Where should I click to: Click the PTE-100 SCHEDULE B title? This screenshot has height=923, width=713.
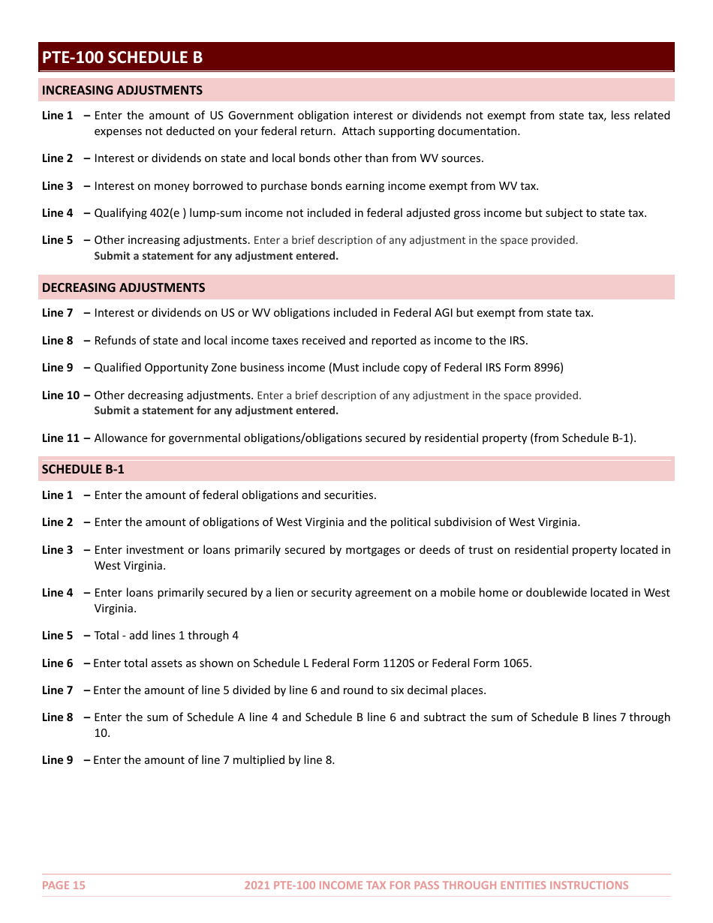pos(122,58)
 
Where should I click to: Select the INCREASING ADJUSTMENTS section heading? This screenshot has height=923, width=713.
pos(122,91)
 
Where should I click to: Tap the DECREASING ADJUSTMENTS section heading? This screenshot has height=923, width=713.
pos(123,288)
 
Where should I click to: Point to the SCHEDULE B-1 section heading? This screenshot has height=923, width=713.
pos(83,470)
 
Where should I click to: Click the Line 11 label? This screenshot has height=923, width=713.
pos(61,438)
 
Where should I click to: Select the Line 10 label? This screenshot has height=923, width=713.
pos(61,395)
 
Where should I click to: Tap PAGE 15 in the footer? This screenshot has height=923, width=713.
pos(64,885)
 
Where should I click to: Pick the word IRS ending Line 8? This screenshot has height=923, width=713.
pos(517,341)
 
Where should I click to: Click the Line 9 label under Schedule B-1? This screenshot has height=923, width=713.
pos(58,760)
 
